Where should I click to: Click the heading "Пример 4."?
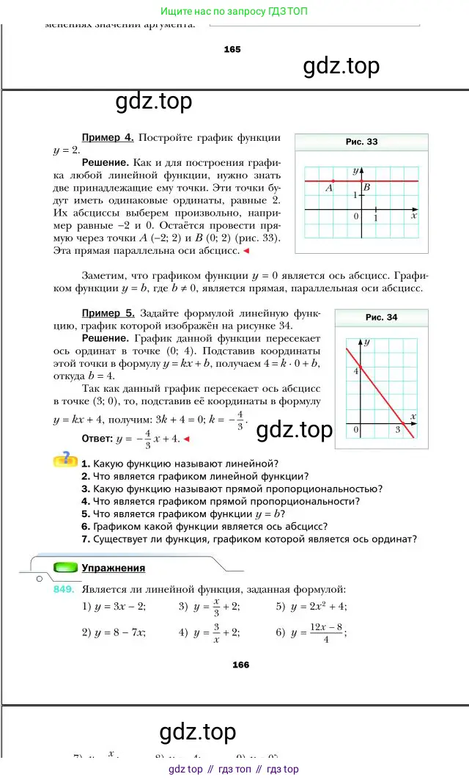tap(107, 137)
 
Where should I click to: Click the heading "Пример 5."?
tap(108, 313)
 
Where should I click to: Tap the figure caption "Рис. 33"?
tap(361, 142)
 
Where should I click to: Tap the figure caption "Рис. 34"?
tap(381, 317)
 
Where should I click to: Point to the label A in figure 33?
tap(329, 189)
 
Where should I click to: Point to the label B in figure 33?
tap(367, 188)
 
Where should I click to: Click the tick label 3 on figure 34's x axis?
tap(398, 430)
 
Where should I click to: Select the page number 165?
tap(232, 49)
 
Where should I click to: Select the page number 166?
tap(240, 665)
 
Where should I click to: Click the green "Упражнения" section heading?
tap(113, 568)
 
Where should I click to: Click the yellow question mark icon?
tap(65, 459)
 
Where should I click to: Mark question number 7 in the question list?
tap(86, 539)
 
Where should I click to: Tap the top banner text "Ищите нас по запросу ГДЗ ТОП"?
tap(234, 12)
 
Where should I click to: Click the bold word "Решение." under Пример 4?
tap(106, 162)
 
